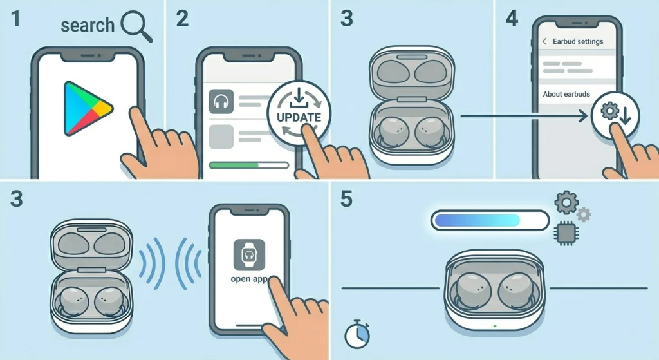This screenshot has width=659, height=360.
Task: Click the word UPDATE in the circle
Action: click(x=298, y=118)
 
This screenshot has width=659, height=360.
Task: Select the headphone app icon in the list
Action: click(x=221, y=102)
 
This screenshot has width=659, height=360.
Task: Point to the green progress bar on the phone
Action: click(x=234, y=166)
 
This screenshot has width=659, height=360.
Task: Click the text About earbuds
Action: click(x=566, y=94)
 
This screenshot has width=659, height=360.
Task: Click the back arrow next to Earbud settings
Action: click(x=544, y=41)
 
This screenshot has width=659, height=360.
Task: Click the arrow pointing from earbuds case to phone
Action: click(x=524, y=117)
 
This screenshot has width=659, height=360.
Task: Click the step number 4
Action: click(x=512, y=19)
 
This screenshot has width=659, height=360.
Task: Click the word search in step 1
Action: click(x=87, y=26)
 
